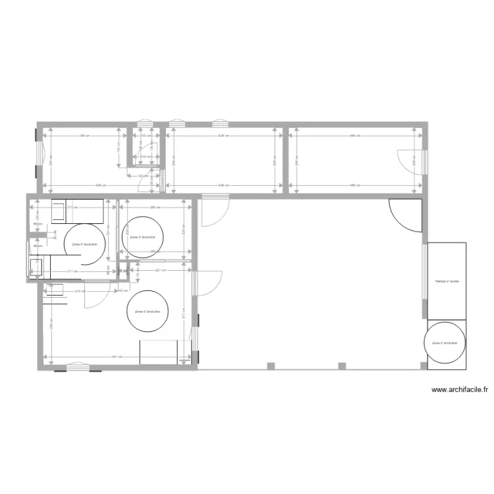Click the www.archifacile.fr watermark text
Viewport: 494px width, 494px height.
459,390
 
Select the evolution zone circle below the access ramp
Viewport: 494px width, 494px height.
446,343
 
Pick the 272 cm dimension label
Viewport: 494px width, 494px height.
79,290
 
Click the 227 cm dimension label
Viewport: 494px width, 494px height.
160,270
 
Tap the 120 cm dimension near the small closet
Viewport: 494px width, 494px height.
141,176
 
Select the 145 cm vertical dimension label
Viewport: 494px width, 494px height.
118,150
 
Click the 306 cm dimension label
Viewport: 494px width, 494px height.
82,136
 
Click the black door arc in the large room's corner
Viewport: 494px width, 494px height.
404,215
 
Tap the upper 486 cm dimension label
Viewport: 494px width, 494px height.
354,136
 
